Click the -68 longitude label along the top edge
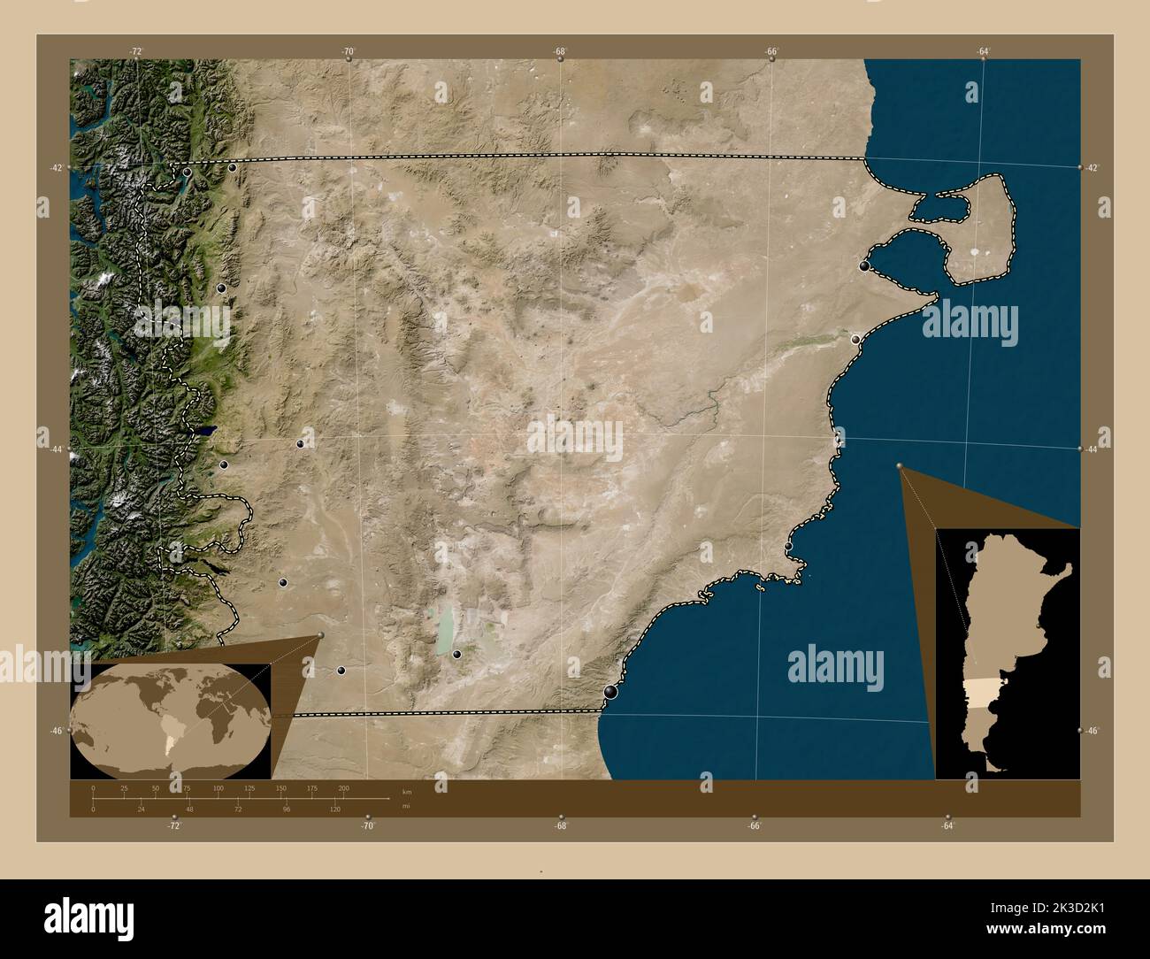(560, 51)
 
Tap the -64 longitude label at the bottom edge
(947, 825)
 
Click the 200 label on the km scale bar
(343, 787)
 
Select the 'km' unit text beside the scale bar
(407, 791)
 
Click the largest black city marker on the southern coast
(610, 692)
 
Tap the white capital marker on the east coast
(855, 340)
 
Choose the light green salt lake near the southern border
(446, 629)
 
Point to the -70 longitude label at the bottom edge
(368, 825)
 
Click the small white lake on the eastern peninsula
(975, 251)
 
